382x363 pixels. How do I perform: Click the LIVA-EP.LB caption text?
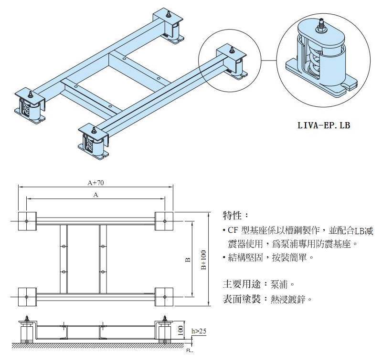click(323, 126)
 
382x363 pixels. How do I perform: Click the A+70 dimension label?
click(96, 182)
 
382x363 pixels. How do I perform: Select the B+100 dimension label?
click(203, 260)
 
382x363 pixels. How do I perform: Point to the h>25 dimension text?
click(198, 331)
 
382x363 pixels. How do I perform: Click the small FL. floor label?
click(190, 352)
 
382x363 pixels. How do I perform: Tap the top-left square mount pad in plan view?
click(27, 220)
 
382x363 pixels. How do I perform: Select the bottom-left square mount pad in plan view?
click(27, 297)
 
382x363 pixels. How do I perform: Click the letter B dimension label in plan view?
click(188, 260)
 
